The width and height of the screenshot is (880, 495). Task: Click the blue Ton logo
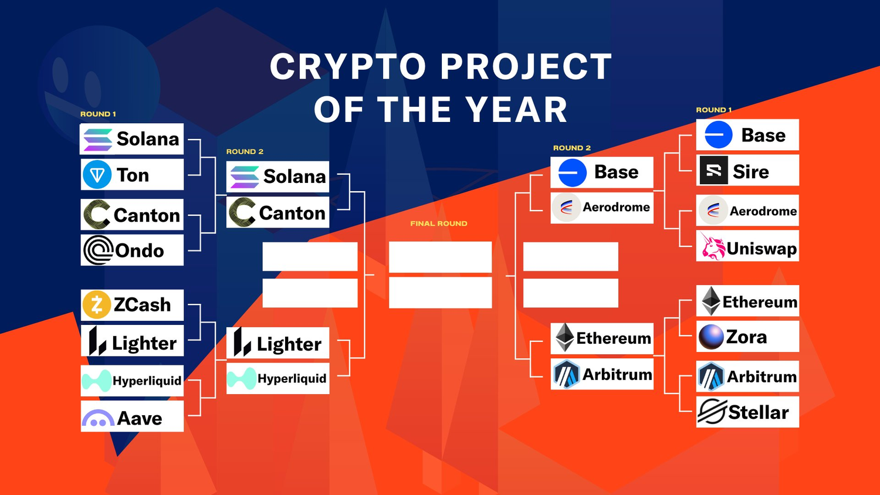coord(97,174)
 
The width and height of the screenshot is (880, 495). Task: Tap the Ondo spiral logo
coord(98,250)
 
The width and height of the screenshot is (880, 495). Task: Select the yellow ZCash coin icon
coord(96,304)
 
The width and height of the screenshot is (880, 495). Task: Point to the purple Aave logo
coord(98,418)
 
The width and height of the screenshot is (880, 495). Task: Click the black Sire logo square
coord(714,170)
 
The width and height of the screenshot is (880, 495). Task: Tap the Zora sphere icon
coord(711,337)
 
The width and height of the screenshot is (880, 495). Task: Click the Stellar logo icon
coord(712,412)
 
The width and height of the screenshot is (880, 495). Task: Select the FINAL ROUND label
coord(439,223)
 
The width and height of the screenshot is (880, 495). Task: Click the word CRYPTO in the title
coord(348,67)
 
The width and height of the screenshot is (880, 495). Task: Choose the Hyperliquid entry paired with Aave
coord(132,381)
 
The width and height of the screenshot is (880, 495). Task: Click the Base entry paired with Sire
coord(747,135)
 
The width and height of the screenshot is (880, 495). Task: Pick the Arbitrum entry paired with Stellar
coord(747,377)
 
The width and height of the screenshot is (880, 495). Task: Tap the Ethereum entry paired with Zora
coord(747,301)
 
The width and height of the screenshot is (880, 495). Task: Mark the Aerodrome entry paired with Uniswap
coord(747,211)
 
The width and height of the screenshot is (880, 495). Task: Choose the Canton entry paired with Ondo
coord(132,215)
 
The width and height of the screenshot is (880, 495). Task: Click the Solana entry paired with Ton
coord(131,138)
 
